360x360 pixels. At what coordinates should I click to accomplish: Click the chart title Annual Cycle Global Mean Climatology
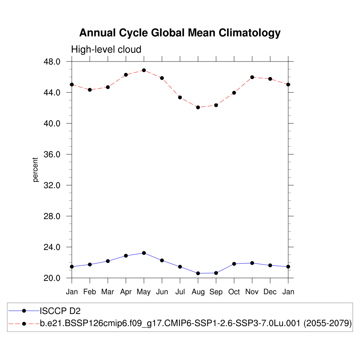(x=180, y=33)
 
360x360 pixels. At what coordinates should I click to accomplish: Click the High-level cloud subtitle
(x=106, y=50)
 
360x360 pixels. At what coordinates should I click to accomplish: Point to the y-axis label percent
(x=35, y=170)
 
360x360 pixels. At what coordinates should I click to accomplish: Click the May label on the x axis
(x=144, y=292)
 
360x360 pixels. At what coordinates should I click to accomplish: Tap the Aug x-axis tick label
(x=198, y=292)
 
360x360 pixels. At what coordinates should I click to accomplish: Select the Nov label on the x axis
(x=252, y=292)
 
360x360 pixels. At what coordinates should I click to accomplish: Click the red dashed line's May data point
(x=144, y=70)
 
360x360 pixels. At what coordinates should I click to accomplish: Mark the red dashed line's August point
(x=198, y=107)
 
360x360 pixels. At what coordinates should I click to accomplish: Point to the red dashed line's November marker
(x=252, y=77)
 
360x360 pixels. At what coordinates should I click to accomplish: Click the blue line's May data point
(x=144, y=253)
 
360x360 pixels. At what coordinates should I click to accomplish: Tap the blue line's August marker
(x=198, y=273)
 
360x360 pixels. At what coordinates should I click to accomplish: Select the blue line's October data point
(x=234, y=264)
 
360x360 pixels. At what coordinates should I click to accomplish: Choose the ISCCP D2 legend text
(x=60, y=311)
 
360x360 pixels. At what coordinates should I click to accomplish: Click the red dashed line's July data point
(x=180, y=97)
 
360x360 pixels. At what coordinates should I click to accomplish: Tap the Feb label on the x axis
(x=90, y=292)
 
